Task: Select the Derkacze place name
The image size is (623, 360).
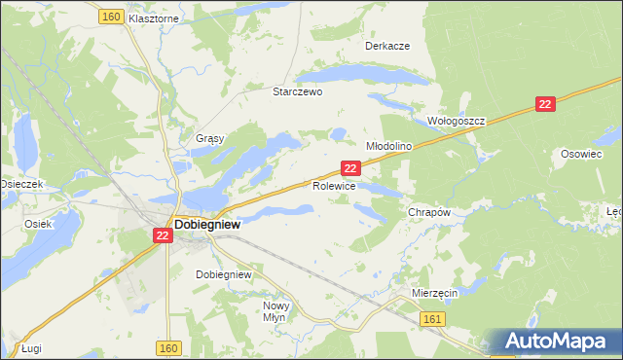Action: point(386,46)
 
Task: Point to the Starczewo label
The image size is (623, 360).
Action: point(297,90)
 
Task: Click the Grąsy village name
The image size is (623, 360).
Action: point(210,138)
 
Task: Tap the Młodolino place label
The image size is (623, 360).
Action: point(389,145)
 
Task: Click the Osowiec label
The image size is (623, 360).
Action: point(581,154)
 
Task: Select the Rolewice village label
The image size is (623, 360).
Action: point(334,185)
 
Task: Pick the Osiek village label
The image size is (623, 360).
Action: point(38,223)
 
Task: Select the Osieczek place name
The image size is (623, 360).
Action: point(20,184)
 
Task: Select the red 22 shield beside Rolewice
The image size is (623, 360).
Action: point(353,168)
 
